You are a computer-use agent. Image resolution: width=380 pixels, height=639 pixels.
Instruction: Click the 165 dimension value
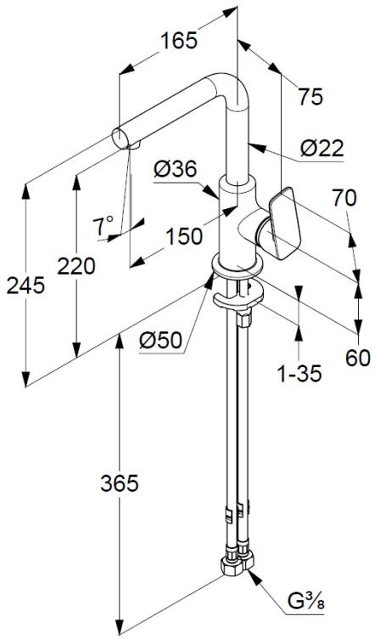tap(179, 41)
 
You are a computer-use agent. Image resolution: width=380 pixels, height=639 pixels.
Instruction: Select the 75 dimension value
tap(310, 97)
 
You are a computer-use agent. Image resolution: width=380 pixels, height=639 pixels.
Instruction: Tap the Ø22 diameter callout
tap(322, 149)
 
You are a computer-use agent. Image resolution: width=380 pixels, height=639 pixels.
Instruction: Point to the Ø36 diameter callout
tap(176, 169)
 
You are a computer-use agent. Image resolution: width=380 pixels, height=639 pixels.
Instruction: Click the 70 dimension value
tap(344, 198)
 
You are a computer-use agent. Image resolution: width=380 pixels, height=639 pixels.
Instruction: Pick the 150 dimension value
tap(184, 236)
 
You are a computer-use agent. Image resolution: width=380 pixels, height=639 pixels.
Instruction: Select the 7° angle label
tap(103, 225)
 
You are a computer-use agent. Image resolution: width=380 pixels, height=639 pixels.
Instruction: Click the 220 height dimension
tap(76, 267)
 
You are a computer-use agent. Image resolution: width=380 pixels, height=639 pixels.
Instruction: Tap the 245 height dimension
tap(25, 286)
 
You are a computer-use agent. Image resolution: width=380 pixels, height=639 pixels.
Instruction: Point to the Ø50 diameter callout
tap(160, 340)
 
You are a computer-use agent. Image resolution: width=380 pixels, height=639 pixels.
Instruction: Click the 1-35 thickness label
tap(299, 373)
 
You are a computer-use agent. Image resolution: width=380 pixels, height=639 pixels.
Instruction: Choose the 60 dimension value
tap(358, 358)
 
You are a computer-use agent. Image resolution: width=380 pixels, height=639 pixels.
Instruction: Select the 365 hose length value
tap(120, 483)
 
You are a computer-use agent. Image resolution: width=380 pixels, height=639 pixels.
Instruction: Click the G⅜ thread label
tap(306, 601)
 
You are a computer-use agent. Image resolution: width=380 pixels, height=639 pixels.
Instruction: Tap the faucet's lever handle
tap(284, 223)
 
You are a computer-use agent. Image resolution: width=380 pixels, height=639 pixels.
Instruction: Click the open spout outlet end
tap(120, 139)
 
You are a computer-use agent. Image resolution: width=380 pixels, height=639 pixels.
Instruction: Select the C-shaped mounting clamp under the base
tap(238, 297)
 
